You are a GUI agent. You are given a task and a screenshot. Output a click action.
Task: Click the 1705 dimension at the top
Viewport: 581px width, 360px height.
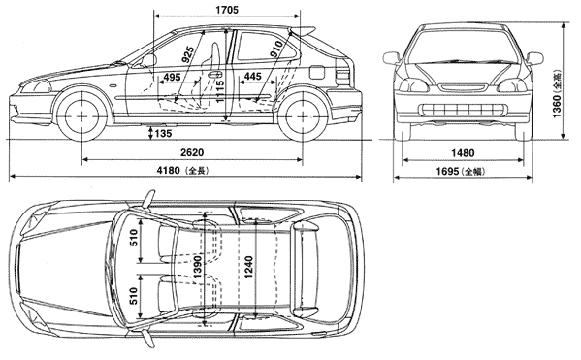pos(227,10)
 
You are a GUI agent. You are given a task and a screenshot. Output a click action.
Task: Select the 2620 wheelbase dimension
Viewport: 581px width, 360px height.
pos(192,152)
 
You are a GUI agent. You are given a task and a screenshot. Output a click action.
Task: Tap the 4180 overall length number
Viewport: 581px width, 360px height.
pos(168,170)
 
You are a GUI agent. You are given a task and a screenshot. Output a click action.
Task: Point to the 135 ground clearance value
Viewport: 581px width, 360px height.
pos(163,133)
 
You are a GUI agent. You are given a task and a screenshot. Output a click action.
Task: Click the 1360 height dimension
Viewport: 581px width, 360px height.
pos(557,107)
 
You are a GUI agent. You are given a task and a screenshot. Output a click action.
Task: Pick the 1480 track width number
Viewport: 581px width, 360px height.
pos(463,152)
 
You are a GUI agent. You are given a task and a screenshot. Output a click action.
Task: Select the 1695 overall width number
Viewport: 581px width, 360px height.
pos(447,171)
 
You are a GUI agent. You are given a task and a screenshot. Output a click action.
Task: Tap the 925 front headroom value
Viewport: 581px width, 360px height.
pos(188,53)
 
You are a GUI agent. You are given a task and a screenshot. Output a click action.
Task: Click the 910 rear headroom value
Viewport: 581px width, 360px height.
pos(276,49)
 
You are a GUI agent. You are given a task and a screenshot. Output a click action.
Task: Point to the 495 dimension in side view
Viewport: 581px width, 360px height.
pos(172,77)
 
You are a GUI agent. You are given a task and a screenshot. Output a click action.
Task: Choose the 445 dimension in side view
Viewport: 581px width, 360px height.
pos(253,77)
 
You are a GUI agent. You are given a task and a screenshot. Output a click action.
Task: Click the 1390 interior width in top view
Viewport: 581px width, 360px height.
pos(198,267)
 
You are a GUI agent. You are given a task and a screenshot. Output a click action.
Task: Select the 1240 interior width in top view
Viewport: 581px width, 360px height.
pos(248,267)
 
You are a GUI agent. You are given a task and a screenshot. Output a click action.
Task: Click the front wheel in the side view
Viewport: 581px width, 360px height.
pos(81,115)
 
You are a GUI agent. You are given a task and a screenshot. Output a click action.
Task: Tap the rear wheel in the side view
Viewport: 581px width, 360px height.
pos(303,115)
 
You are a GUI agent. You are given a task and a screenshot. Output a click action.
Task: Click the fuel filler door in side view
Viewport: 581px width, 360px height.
pos(317,72)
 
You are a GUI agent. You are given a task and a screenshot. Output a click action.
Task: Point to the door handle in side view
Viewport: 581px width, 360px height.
pos(214,74)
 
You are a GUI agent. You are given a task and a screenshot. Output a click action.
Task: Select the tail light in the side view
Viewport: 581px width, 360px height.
pos(342,77)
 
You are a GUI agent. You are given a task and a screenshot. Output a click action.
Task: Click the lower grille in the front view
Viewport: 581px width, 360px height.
pos(463,110)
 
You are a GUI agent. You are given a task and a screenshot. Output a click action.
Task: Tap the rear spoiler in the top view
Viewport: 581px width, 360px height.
pos(306,267)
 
